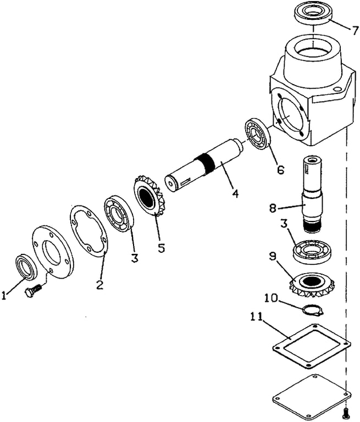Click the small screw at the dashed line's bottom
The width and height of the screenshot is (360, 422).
(x=346, y=412)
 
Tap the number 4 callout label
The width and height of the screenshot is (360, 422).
(x=235, y=193)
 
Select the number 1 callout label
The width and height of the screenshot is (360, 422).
(x=4, y=296)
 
